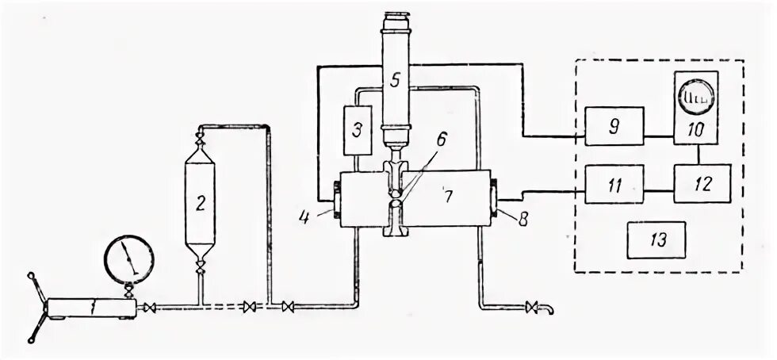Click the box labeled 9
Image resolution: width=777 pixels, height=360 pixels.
click(614, 127)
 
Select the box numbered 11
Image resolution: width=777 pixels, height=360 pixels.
click(614, 186)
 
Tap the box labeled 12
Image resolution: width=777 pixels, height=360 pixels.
click(702, 184)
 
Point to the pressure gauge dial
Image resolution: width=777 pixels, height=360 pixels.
click(128, 259)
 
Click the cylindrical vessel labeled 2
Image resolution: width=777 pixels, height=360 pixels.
click(201, 203)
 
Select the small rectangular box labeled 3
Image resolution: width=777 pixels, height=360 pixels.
click(358, 129)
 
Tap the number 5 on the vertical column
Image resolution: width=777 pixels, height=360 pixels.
click(394, 79)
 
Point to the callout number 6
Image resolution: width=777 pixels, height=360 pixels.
click(440, 138)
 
